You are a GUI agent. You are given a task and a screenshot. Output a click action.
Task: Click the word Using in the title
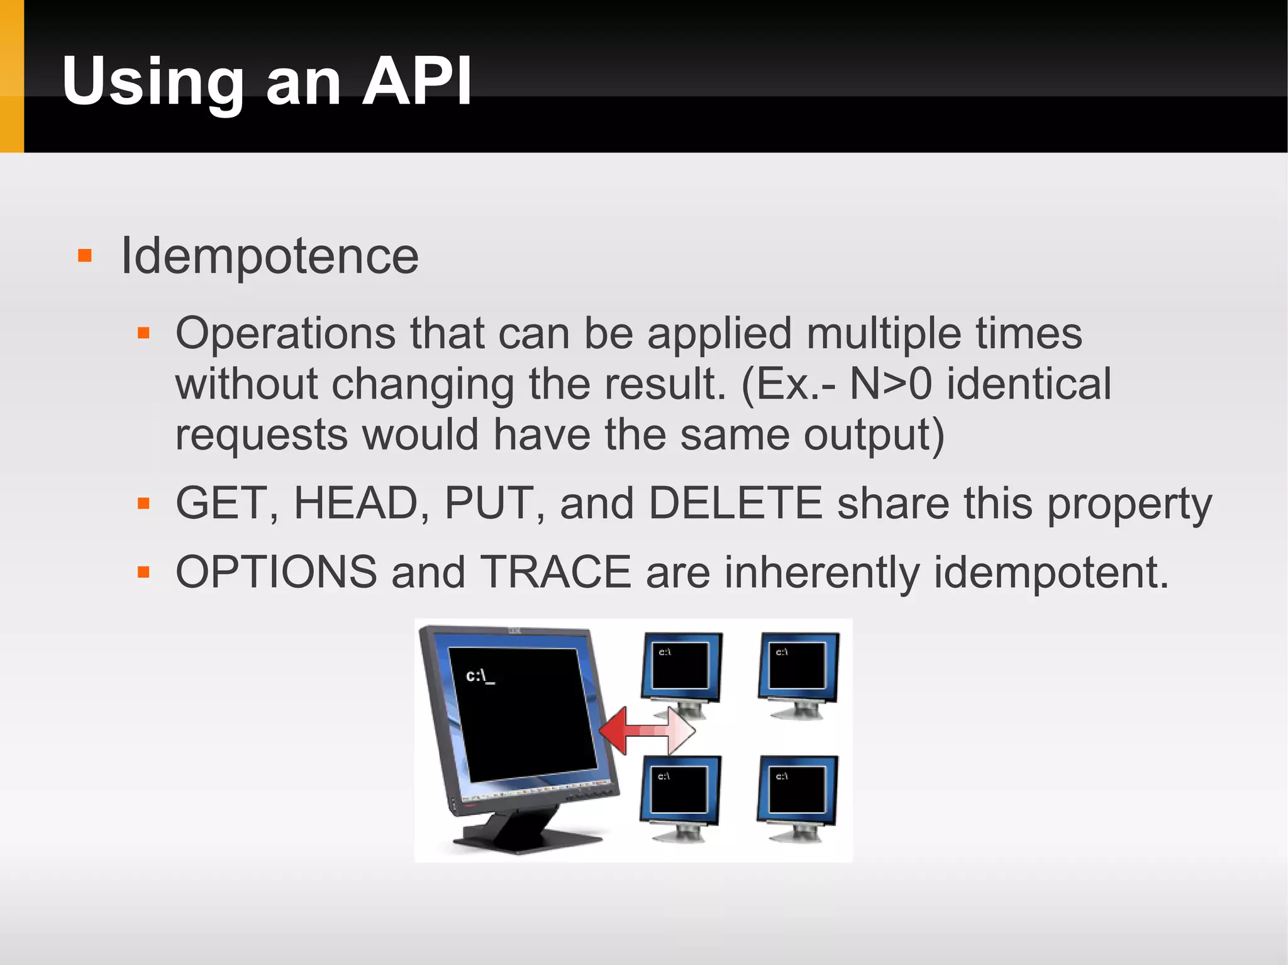(x=153, y=82)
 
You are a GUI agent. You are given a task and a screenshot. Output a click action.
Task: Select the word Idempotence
(x=269, y=256)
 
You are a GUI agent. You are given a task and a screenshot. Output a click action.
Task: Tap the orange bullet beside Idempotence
(x=85, y=256)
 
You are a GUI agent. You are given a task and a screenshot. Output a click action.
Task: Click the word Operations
(x=286, y=333)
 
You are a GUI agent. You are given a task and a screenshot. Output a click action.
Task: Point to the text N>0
(x=890, y=383)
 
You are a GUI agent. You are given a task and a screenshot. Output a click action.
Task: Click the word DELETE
(x=735, y=503)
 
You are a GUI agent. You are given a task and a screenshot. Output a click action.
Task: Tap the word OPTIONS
(x=276, y=572)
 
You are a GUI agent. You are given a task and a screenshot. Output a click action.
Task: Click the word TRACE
(x=555, y=572)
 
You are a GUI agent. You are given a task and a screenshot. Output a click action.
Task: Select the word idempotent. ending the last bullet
(x=1051, y=572)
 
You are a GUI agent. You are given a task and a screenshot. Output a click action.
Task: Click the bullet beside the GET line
(x=143, y=503)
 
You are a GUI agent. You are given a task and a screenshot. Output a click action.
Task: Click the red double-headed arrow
(x=647, y=731)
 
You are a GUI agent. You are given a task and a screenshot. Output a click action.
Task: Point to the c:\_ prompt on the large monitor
(x=480, y=676)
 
